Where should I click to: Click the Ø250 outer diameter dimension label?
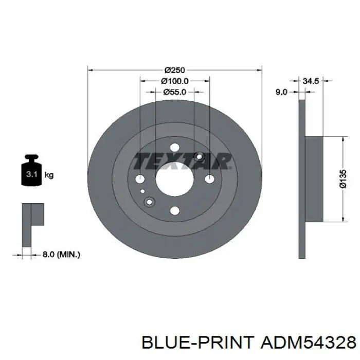coord(175,70)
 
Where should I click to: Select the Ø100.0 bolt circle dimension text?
coord(175,81)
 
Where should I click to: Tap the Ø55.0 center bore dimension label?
coord(175,92)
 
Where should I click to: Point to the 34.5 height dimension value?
coord(311,81)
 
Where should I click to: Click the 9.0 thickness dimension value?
coord(281,92)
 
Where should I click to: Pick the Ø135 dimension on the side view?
coord(343,179)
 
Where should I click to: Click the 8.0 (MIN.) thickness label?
coord(61,255)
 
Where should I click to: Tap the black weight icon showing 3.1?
coord(32,170)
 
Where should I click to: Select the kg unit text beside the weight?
coord(49,175)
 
